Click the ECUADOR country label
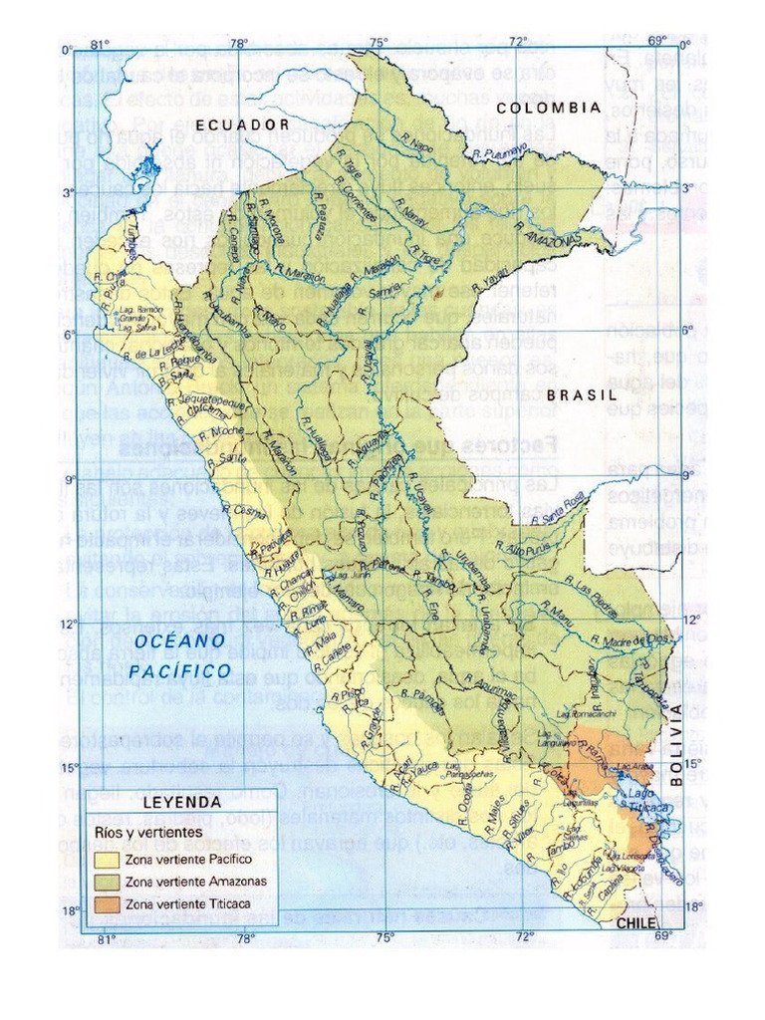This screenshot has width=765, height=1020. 242,125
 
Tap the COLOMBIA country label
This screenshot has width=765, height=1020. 549,107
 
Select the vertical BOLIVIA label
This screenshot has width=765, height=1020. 677,746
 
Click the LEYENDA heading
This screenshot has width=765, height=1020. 182,801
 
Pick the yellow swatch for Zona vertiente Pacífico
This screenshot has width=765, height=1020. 106,859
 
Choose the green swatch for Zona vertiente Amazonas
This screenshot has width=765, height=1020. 106,882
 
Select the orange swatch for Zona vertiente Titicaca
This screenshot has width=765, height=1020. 106,904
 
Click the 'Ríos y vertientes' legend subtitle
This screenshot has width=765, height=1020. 148,831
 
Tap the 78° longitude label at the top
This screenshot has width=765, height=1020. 239,43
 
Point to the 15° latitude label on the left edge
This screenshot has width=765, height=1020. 70,768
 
